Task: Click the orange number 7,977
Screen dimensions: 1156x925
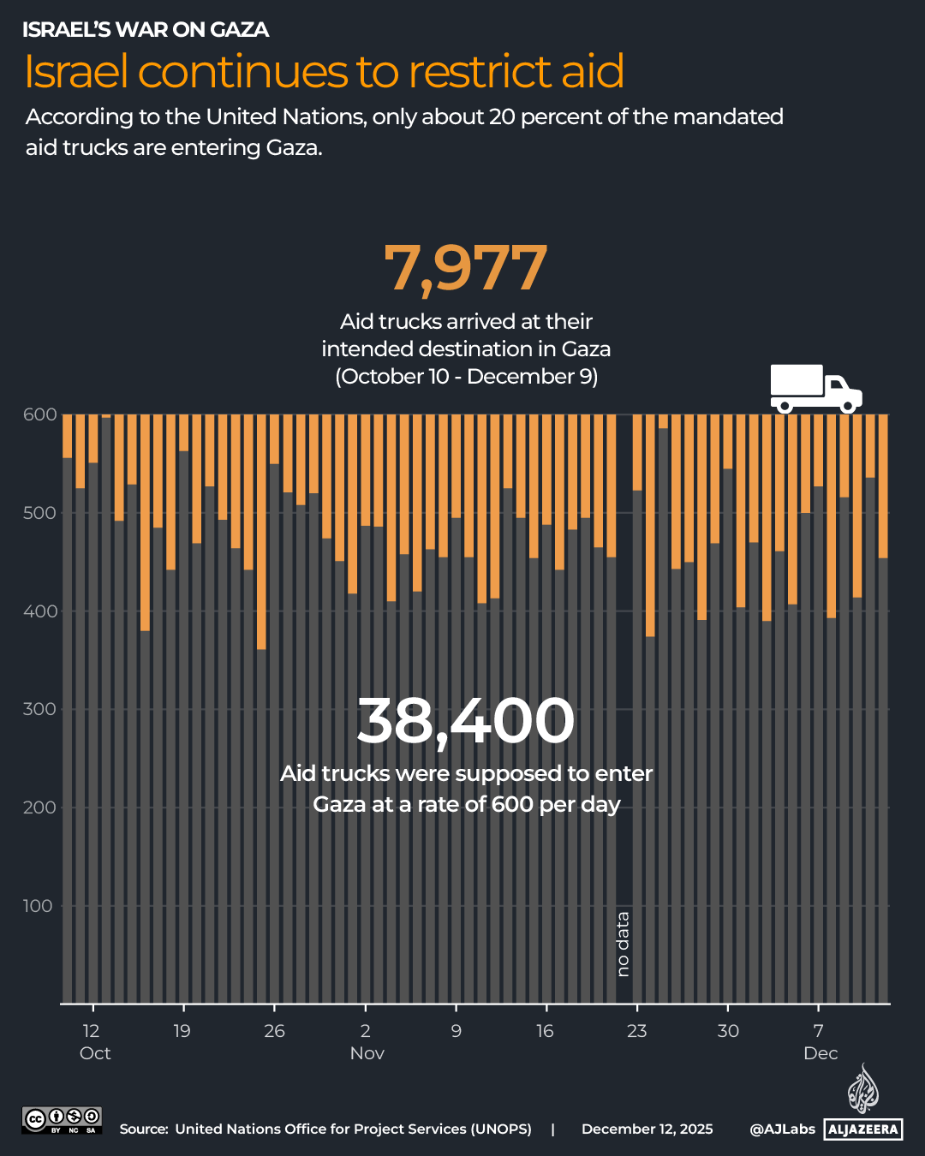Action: pos(465,268)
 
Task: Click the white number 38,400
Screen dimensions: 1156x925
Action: pos(465,720)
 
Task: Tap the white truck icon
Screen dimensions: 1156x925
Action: pos(815,389)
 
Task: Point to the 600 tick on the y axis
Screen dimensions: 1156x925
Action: pos(39,414)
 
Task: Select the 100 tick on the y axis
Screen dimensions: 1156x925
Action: pos(38,906)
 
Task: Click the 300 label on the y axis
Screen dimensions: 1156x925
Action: pos(39,709)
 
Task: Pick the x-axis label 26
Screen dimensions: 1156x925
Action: pos(274,1031)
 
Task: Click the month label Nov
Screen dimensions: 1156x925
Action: pos(367,1053)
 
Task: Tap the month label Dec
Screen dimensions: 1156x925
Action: pos(821,1053)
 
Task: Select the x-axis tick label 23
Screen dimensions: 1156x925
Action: pos(636,1031)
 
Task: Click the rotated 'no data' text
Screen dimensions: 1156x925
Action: pos(623,944)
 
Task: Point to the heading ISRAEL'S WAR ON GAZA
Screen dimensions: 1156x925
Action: pos(146,30)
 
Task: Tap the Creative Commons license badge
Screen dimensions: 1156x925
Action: pos(62,1120)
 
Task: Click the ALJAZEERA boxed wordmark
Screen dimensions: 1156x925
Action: pos(863,1129)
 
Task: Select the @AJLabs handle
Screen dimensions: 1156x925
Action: pos(782,1129)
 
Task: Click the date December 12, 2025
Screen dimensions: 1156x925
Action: pos(647,1129)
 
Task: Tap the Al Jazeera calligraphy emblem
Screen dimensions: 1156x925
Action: pos(862,1089)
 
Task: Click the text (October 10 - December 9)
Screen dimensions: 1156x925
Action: pos(466,377)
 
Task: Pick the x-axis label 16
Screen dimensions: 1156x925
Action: pos(545,1031)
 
